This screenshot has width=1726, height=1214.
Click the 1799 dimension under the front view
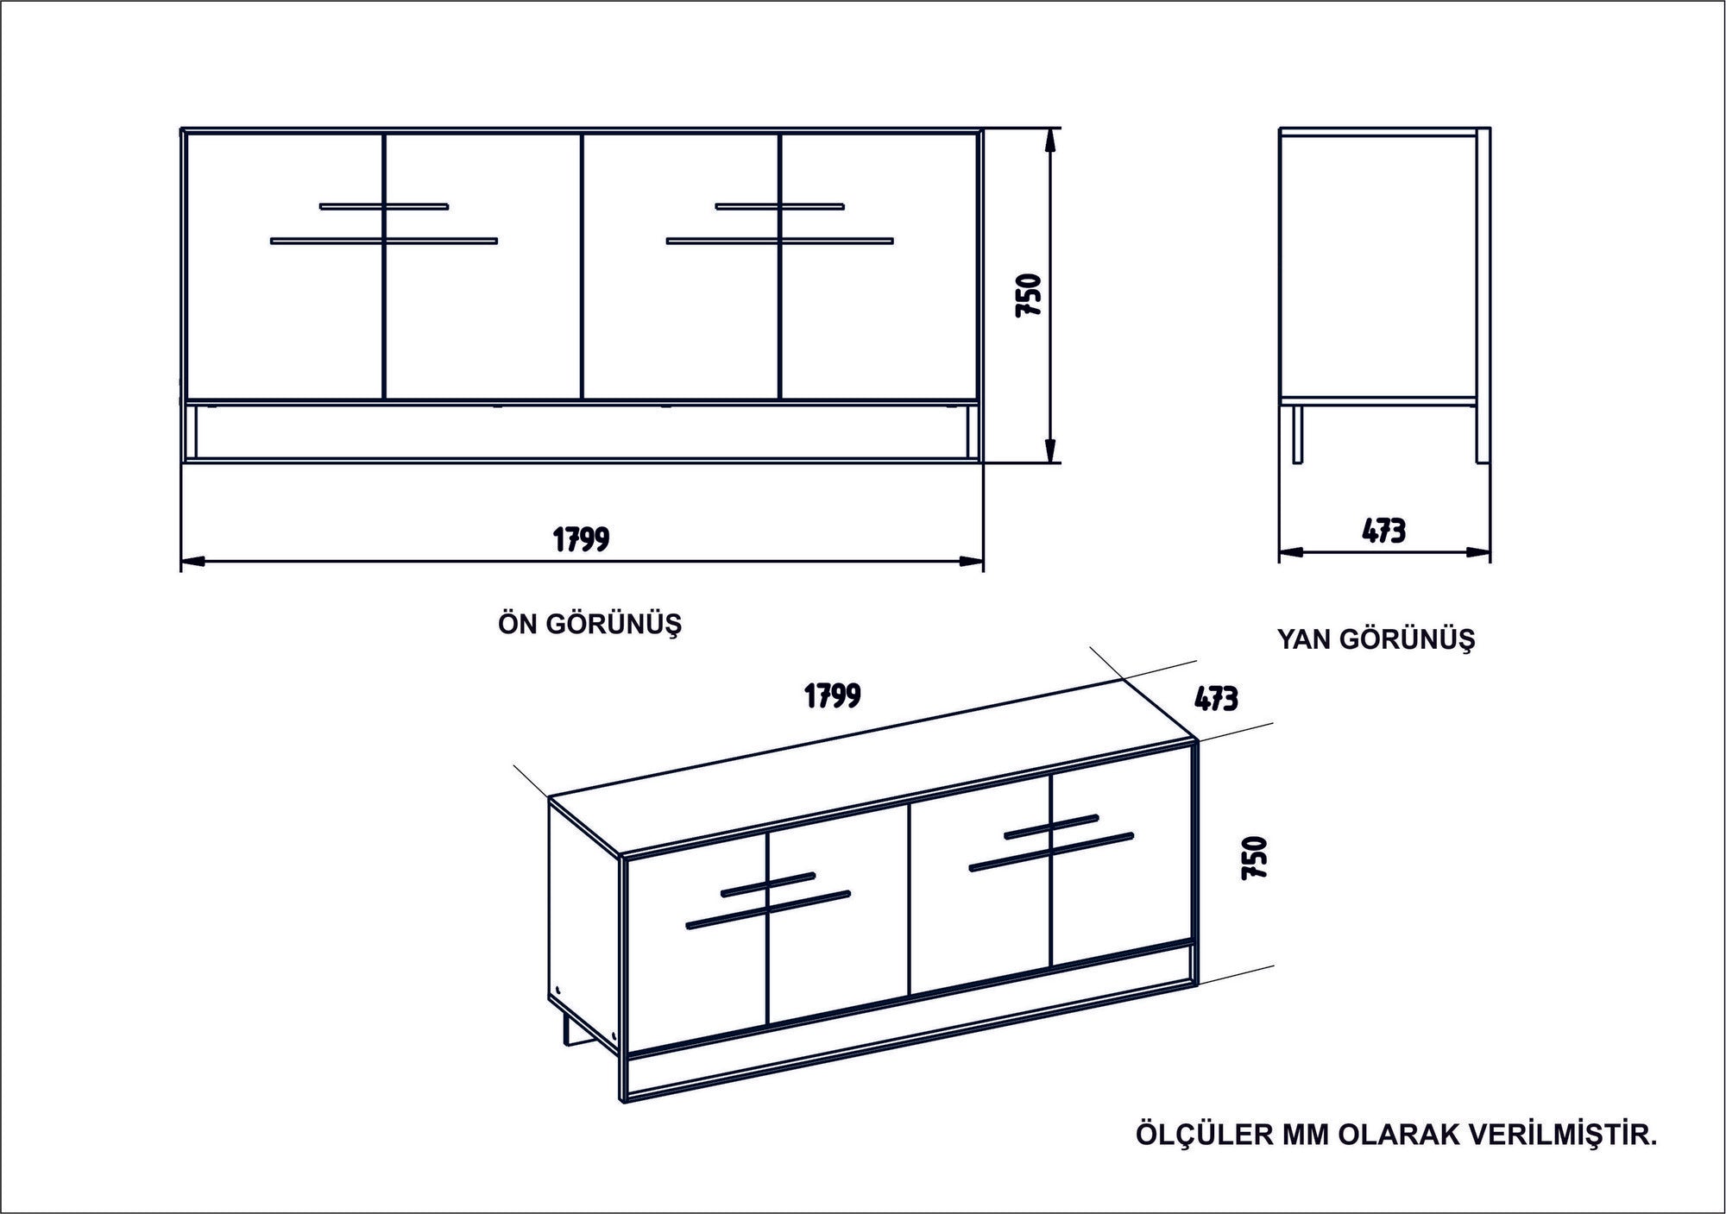(581, 539)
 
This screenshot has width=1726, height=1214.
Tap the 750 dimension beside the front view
(1030, 295)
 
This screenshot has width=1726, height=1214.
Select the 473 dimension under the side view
(1383, 531)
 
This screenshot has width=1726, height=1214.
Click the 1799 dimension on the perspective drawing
(832, 695)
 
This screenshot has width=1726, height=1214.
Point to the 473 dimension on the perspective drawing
(1217, 698)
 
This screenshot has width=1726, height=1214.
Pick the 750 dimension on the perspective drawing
(1253, 858)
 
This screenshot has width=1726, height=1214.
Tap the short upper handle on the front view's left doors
(384, 206)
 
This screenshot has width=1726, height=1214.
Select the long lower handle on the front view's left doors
(384, 241)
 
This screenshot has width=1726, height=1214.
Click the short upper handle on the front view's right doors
(780, 206)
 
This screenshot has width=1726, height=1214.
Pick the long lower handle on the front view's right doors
(780, 241)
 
